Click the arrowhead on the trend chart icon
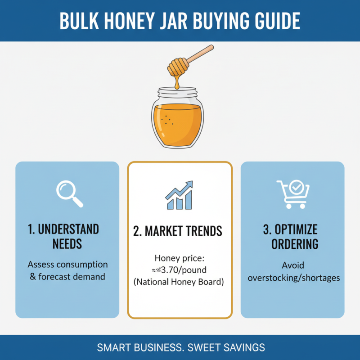tap(190, 184)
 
